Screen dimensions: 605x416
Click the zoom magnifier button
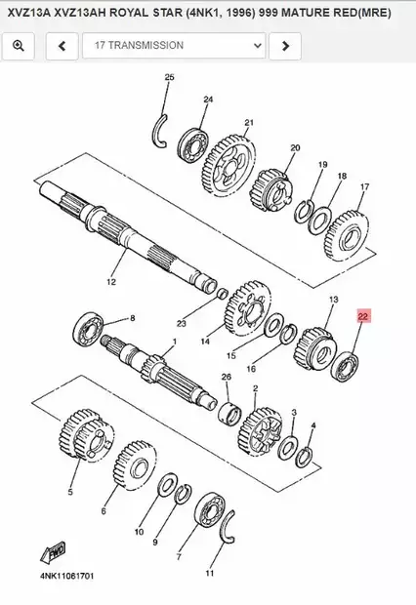tap(20, 45)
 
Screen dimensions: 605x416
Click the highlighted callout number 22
tap(363, 317)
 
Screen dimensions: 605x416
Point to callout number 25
tap(169, 77)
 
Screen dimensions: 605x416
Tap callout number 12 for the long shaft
tap(110, 282)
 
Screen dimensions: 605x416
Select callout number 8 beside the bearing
tap(133, 318)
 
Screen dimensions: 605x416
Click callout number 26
tap(227, 377)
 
